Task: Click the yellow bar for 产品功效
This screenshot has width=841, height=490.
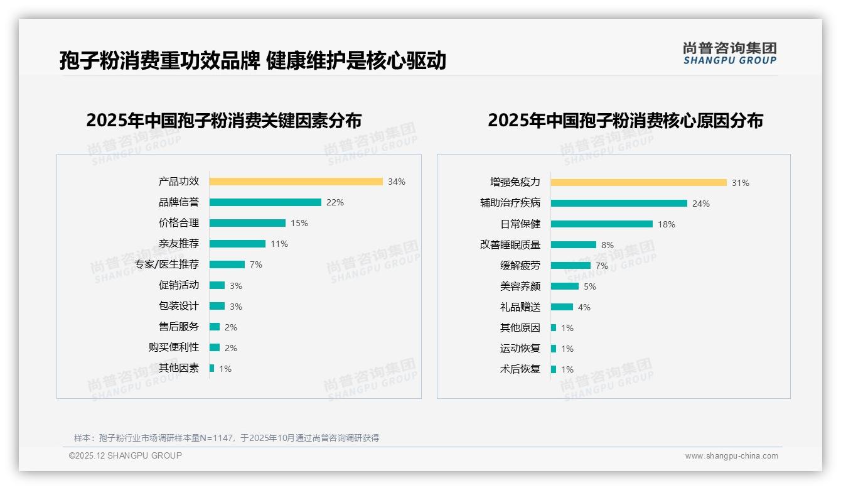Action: (x=296, y=182)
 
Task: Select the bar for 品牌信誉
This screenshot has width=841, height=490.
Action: (x=265, y=202)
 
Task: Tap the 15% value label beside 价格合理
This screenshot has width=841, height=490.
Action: (x=299, y=223)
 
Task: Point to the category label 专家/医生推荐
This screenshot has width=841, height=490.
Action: (x=167, y=264)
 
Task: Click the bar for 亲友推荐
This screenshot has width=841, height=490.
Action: (x=237, y=244)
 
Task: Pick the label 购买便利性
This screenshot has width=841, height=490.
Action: (x=174, y=347)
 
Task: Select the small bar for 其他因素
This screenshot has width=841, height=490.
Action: (x=212, y=368)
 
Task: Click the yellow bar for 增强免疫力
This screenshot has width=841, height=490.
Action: (x=638, y=182)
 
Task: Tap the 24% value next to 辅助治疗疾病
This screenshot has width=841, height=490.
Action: (x=701, y=204)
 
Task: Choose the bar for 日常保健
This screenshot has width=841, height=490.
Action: (x=602, y=224)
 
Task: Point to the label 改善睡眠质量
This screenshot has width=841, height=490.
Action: (x=510, y=245)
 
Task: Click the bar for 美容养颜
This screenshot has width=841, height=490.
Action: (x=565, y=286)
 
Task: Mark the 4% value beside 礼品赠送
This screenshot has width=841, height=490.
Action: (x=584, y=307)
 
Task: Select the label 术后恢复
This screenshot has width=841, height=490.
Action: (x=520, y=369)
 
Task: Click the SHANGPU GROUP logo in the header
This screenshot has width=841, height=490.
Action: (x=730, y=53)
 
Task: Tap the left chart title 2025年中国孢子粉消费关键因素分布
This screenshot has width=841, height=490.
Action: (x=224, y=121)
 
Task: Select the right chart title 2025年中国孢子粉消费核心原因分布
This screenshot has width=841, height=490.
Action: (x=625, y=121)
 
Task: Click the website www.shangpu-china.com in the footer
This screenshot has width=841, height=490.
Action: (x=731, y=456)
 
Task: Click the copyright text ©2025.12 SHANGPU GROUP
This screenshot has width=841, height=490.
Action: (x=126, y=455)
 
